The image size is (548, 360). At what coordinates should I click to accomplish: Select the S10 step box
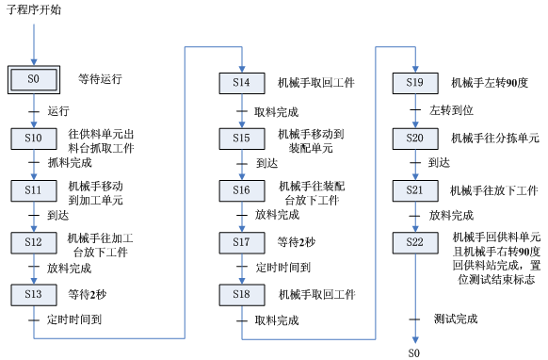[35, 138]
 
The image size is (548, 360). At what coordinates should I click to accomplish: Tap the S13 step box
[35, 294]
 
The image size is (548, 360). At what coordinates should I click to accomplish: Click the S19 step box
[414, 83]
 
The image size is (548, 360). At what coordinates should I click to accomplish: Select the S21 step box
[414, 190]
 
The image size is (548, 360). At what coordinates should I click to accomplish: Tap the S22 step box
[414, 243]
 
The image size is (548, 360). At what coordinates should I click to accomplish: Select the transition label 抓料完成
[70, 163]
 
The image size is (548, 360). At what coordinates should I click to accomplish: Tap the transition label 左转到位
[450, 110]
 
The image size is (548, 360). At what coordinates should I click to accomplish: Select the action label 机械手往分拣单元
[494, 138]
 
